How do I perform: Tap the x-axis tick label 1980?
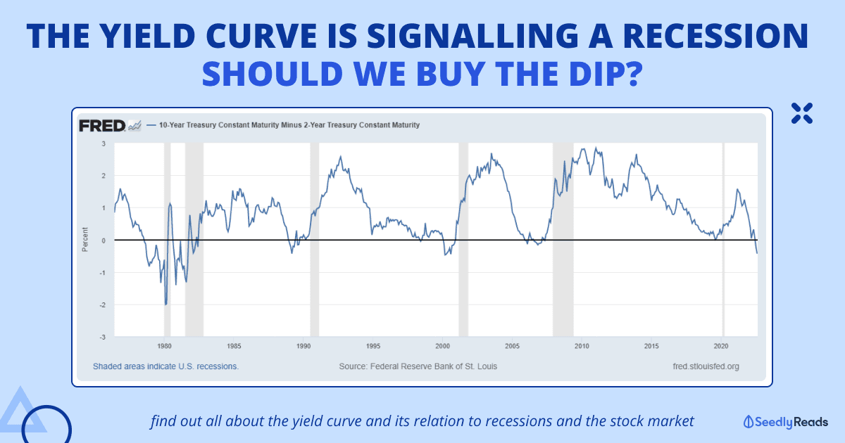164,346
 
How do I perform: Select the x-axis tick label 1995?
373,346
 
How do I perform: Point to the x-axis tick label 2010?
582,346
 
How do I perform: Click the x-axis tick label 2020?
720,346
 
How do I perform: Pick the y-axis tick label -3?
104,337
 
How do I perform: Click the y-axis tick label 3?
104,143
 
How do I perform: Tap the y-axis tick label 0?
104,240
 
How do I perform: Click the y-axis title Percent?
86,240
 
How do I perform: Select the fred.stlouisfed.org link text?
706,366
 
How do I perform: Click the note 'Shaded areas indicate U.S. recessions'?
165,366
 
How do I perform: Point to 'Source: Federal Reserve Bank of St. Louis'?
418,366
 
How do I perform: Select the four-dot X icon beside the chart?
801,113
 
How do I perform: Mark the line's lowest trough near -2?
166,304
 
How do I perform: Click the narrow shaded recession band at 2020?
723,239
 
